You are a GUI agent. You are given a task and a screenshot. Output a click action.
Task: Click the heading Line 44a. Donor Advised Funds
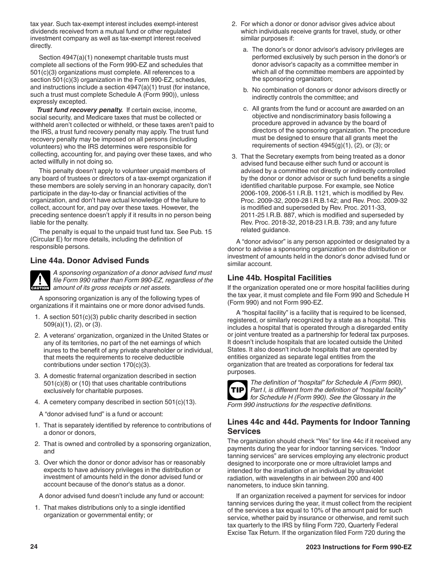pyautogui.click(x=89, y=260)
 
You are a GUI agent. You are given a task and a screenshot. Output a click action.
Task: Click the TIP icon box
pyautogui.click(x=237, y=390)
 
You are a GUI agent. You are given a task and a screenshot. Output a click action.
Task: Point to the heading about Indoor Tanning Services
pyautogui.click(x=319, y=426)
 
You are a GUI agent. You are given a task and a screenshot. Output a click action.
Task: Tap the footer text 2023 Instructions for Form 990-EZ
pyautogui.click(x=355, y=547)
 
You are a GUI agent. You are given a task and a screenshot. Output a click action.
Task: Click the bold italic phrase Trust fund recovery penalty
pyautogui.click(x=80, y=110)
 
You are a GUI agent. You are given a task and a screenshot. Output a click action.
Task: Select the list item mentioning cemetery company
pyautogui.click(x=120, y=402)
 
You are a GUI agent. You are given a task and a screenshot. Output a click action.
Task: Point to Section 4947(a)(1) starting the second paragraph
pyautogui.click(x=62, y=57)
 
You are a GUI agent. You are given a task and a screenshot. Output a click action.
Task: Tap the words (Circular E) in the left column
pyautogui.click(x=47, y=239)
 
